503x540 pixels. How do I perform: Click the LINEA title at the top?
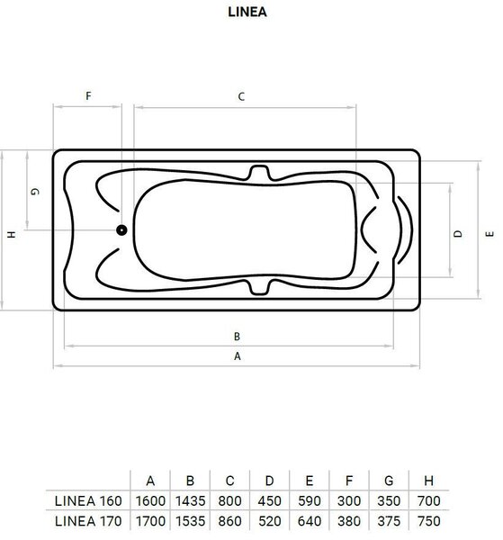247,12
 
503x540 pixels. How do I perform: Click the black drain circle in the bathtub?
121,229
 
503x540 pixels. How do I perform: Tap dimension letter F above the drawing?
88,95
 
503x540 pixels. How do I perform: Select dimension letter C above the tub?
241,96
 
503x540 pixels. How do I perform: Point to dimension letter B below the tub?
237,337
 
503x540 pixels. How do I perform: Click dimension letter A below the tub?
238,356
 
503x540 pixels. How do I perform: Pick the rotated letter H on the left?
12,235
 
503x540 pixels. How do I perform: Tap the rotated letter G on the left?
35,192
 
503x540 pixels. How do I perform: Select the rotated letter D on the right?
458,234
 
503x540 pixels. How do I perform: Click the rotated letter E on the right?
490,234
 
